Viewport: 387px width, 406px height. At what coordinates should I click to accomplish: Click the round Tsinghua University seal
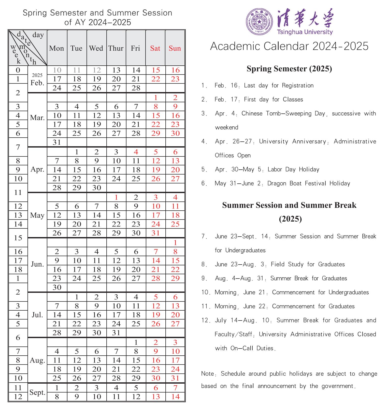(259, 21)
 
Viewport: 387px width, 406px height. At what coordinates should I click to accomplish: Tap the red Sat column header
(155, 48)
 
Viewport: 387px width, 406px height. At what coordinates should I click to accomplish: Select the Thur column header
(116, 48)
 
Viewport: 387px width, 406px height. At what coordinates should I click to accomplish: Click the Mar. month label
(37, 118)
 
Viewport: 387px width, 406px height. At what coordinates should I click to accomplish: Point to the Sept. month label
(37, 393)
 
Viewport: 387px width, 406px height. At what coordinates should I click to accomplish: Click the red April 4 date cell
(136, 152)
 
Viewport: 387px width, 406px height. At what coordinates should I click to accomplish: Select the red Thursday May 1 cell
(116, 197)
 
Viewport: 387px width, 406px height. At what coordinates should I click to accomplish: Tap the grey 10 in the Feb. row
(57, 70)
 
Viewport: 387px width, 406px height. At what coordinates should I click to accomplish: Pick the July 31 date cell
(116, 333)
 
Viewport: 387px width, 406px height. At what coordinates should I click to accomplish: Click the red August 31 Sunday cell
(175, 378)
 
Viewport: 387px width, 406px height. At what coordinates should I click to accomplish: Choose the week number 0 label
(18, 70)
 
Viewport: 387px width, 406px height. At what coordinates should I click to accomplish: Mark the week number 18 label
(18, 269)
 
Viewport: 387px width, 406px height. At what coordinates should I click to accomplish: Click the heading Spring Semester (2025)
(289, 69)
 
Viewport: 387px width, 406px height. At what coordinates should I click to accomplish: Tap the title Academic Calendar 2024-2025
(289, 46)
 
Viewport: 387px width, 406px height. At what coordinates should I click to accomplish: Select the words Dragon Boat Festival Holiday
(309, 183)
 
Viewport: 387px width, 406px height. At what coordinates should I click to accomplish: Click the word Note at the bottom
(207, 374)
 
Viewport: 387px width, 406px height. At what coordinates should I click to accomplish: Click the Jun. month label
(37, 264)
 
